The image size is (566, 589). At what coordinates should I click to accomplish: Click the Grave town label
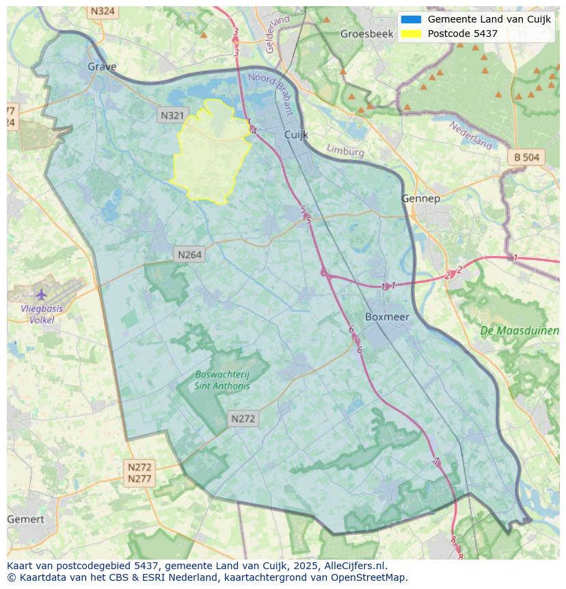click(102, 66)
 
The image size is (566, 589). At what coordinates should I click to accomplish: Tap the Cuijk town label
click(296, 135)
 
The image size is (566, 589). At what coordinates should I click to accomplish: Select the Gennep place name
click(420, 198)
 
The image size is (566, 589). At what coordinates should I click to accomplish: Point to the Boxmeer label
click(387, 317)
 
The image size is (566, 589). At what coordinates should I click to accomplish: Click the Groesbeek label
click(367, 34)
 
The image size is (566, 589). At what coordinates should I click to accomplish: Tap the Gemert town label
click(25, 519)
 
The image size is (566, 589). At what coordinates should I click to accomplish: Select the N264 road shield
click(189, 254)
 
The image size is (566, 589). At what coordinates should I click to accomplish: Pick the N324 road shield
click(103, 12)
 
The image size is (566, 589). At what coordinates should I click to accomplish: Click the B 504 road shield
click(526, 157)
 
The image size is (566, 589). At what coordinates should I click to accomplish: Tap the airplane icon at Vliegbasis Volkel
click(41, 294)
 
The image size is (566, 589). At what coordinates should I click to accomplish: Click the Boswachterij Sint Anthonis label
click(222, 380)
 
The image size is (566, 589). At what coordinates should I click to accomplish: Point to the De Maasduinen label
click(519, 330)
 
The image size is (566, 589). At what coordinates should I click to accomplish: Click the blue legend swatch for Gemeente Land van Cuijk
click(411, 19)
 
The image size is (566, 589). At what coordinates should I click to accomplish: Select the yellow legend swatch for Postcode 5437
click(411, 34)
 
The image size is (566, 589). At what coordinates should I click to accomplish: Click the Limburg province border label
click(345, 150)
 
